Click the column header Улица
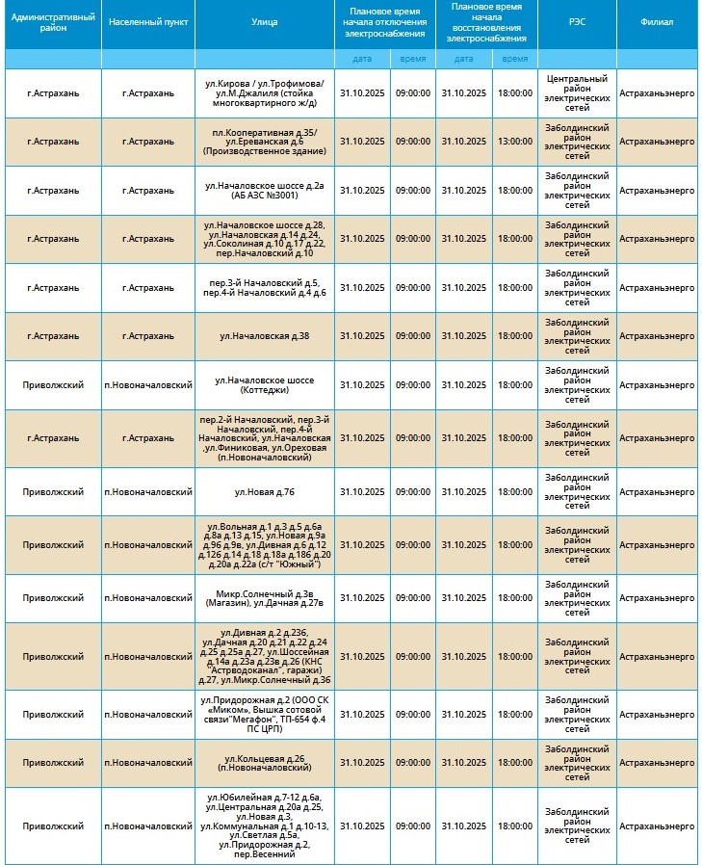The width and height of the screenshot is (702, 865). tap(265, 21)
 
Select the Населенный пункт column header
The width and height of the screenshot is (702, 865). tap(148, 21)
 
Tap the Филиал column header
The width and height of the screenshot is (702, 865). tap(657, 21)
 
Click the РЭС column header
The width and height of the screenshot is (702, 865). tap(577, 21)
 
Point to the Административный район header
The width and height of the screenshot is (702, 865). tap(54, 21)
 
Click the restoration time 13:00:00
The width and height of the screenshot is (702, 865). tap(514, 142)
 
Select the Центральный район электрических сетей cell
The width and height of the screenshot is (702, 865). tap(577, 92)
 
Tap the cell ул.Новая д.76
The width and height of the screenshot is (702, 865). tap(265, 492)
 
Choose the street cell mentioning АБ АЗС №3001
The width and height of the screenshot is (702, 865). tap(265, 191)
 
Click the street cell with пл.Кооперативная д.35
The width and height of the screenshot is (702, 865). tap(265, 142)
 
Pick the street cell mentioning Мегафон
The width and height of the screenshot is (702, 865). tap(265, 715)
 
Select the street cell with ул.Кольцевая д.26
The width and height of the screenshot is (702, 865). tap(265, 763)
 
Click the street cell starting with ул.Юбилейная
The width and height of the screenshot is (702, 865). tap(265, 826)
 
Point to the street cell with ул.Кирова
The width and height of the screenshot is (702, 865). tap(265, 92)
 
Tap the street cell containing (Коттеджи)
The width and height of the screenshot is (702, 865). tap(265, 385)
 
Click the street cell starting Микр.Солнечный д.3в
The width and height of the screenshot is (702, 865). tap(265, 598)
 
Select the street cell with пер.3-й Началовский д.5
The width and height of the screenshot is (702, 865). tap(265, 287)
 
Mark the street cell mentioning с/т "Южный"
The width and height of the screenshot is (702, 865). tap(265, 545)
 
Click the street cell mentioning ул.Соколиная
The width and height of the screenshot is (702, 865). tap(265, 238)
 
